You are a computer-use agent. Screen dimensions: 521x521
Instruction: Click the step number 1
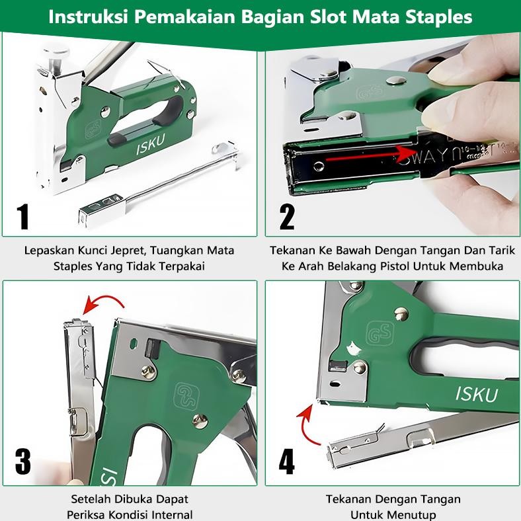(x=24, y=216)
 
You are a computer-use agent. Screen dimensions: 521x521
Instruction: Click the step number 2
(x=286, y=216)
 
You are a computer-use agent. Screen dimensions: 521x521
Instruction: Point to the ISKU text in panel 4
(x=477, y=393)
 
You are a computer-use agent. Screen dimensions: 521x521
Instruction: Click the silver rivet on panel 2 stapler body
(x=395, y=81)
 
